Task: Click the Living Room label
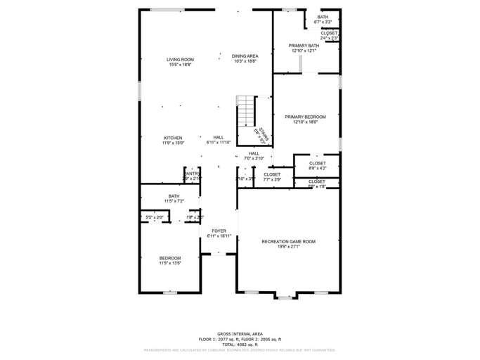click(x=181, y=59)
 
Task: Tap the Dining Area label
click(x=245, y=56)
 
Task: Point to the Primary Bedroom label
click(x=305, y=117)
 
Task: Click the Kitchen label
click(x=173, y=138)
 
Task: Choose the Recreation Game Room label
click(x=288, y=241)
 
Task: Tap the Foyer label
click(x=219, y=231)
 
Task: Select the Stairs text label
click(x=261, y=136)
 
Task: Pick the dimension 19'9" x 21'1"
click(x=288, y=247)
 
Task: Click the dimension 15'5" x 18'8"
click(x=181, y=65)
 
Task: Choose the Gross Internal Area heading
click(x=240, y=333)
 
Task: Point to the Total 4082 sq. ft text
click(x=240, y=343)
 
